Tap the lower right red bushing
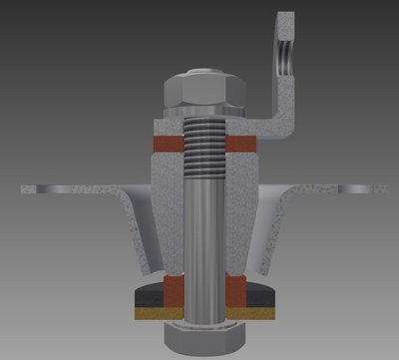pos(237,292)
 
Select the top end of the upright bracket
pos(285,17)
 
